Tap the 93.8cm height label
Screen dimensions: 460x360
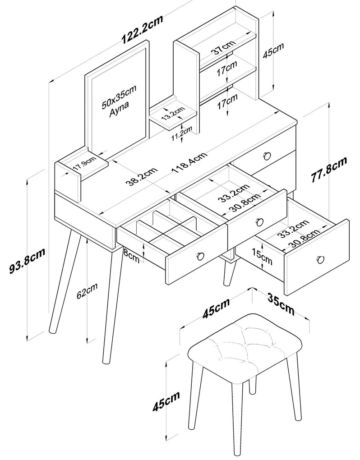coord(28,261)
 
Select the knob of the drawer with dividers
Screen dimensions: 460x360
coord(200,256)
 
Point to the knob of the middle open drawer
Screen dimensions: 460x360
coord(259,221)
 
